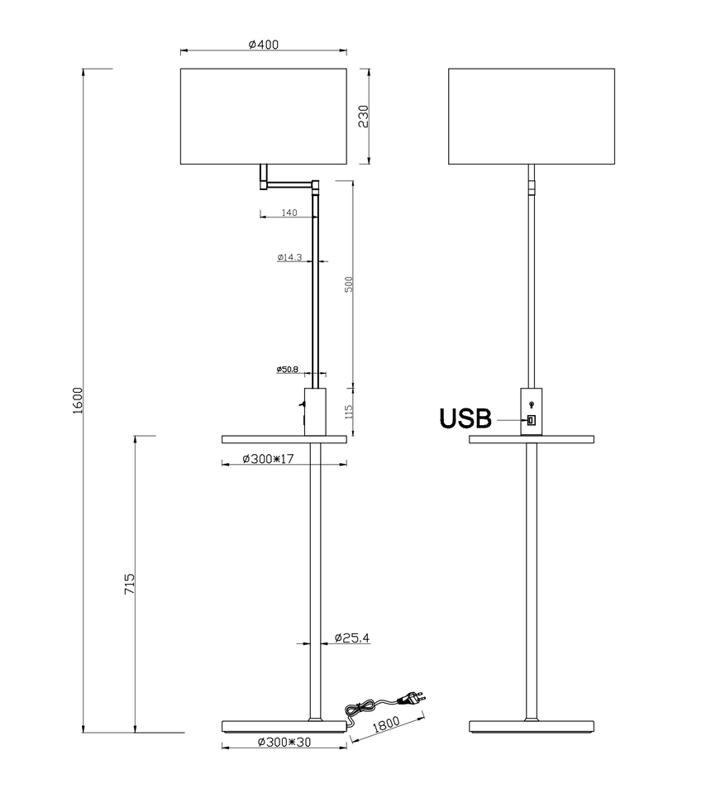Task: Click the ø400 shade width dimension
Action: click(263, 45)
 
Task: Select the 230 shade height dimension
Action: click(362, 117)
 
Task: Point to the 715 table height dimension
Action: click(129, 585)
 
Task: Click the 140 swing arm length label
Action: click(289, 213)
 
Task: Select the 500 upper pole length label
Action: click(349, 284)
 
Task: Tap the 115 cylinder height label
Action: click(349, 410)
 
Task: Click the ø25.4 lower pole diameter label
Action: click(351, 638)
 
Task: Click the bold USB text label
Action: click(465, 419)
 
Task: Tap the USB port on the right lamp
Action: click(531, 420)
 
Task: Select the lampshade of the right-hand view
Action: click(531, 117)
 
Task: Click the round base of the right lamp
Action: click(531, 727)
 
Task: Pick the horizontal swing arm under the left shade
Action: click(289, 183)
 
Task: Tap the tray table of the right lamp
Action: click(531, 438)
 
